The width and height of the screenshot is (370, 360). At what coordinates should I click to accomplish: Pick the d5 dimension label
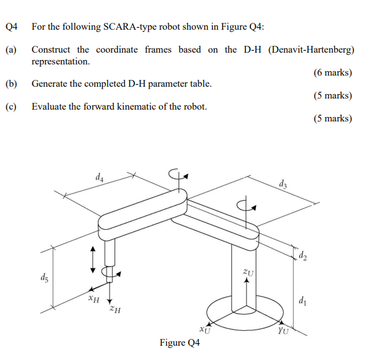point(42,277)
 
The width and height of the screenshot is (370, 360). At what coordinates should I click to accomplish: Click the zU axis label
point(249,271)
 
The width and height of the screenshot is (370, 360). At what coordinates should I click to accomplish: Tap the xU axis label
point(206,330)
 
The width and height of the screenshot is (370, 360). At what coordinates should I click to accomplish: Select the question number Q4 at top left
point(11,27)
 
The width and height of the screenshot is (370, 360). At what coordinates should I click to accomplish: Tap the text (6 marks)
point(333,72)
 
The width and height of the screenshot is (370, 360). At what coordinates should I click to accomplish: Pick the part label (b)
point(11,83)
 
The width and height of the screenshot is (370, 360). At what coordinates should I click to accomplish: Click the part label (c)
point(11,106)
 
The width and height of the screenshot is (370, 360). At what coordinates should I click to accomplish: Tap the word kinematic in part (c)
point(139,106)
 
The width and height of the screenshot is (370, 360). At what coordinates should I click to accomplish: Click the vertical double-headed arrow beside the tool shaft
point(94,258)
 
